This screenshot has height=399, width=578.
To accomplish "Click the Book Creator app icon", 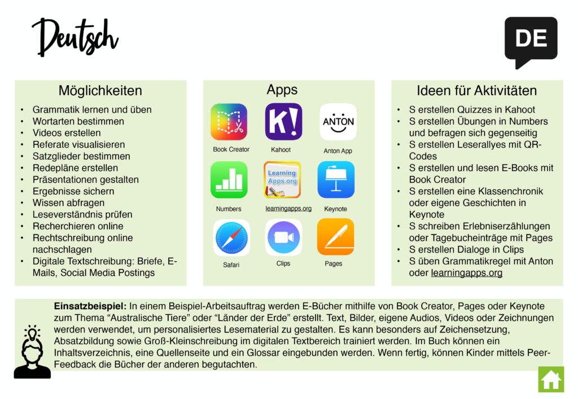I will coord(229,122).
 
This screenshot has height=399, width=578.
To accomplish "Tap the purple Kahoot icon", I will coord(283,122).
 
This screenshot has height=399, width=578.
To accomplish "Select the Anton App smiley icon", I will coord(338,122).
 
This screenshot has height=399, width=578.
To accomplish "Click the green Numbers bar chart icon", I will coord(229,180).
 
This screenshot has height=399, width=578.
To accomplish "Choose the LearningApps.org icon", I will coord(282,180).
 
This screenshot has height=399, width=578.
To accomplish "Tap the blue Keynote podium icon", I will coord(336,180).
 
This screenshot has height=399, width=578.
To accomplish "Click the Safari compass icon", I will coord(231,238).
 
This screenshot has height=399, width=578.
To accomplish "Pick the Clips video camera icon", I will coord(283,237).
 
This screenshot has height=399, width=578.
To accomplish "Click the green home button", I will coord(551,379).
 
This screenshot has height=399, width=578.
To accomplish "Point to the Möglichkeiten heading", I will coord(100,91).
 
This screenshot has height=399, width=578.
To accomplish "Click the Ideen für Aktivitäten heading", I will coord(476,91).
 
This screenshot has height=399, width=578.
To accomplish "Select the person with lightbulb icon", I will coord(32,351).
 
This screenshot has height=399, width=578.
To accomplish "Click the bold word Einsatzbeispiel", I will coord(90,306).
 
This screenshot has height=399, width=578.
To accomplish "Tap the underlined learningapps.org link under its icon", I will coord(288,209).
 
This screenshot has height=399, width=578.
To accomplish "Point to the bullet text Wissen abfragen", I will coord(68,203).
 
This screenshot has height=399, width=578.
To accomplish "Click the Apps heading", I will coord(282,90).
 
